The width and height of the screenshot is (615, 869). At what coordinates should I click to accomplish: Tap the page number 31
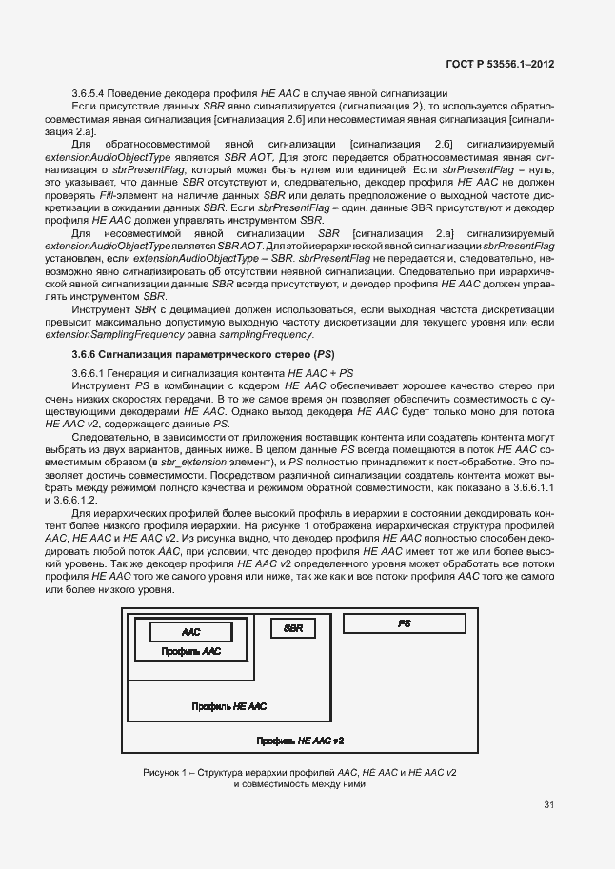[548, 805]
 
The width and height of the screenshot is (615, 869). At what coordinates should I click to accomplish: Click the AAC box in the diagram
[190, 632]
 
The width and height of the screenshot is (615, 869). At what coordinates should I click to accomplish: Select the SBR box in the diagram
[294, 628]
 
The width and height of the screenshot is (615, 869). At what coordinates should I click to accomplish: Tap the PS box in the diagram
[404, 622]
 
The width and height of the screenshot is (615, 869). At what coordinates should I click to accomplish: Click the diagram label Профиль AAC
[191, 652]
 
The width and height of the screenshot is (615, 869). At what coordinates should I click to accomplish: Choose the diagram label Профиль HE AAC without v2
[228, 707]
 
